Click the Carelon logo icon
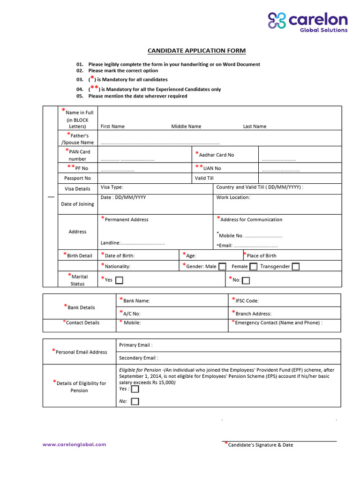[x=277, y=21]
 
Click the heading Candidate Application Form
[x=196, y=51]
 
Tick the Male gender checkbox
[x=222, y=267]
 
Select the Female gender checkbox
[x=253, y=267]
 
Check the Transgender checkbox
[x=296, y=267]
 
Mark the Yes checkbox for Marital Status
[x=120, y=280]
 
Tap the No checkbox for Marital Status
[x=246, y=280]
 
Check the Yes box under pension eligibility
[x=135, y=389]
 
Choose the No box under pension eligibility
[x=135, y=402]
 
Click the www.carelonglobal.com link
[x=74, y=444]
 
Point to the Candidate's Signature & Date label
[x=260, y=445]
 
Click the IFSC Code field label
[x=246, y=301]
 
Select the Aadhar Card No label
[x=216, y=155]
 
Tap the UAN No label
[x=211, y=168]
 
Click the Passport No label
[x=77, y=178]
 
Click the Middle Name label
[x=186, y=127]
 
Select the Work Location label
[x=233, y=197]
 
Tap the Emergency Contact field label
[x=278, y=322]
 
